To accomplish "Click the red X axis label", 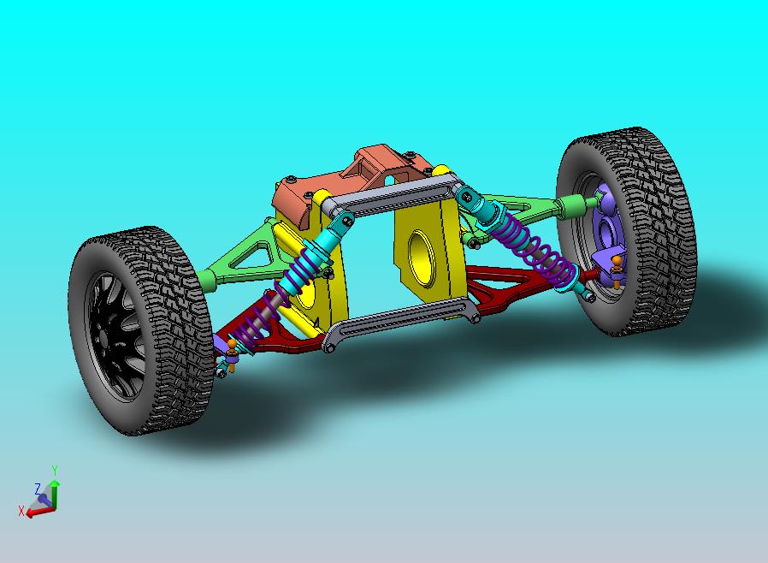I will point(21,511).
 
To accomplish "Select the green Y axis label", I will point(54,471).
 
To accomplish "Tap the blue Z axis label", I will point(38,489).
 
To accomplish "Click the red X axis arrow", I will point(38,512).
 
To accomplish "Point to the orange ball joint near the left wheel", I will point(231,346).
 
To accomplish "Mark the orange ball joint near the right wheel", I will point(617,260).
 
